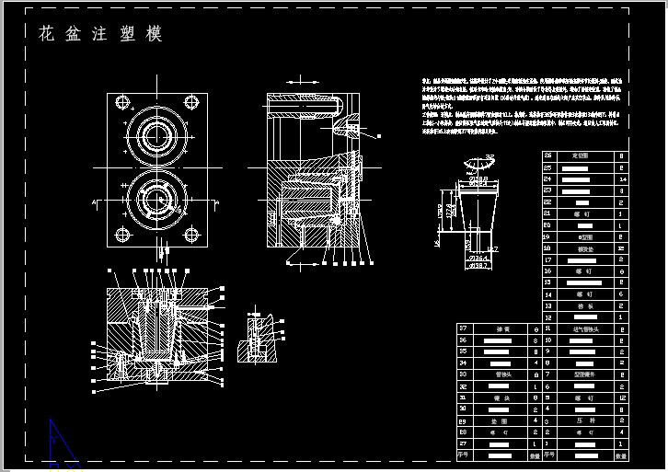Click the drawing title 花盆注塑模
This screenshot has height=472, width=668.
pos(100,35)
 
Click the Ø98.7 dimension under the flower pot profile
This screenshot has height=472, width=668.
pos(478,265)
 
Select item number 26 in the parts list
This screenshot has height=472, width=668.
pos(548,155)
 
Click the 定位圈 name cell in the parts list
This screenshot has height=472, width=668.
pos(582,155)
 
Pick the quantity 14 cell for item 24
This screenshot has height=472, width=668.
pos(622,178)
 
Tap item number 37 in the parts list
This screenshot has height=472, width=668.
pos(463,328)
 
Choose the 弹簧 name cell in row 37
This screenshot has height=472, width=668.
pos(501,328)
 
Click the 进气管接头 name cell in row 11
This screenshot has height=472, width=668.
pos(582,328)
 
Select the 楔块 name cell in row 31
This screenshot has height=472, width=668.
pos(501,397)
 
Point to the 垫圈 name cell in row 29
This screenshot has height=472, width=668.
pos(501,420)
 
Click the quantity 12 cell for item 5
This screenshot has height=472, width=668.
pos(622,397)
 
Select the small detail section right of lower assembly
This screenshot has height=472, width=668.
pos(257,338)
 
